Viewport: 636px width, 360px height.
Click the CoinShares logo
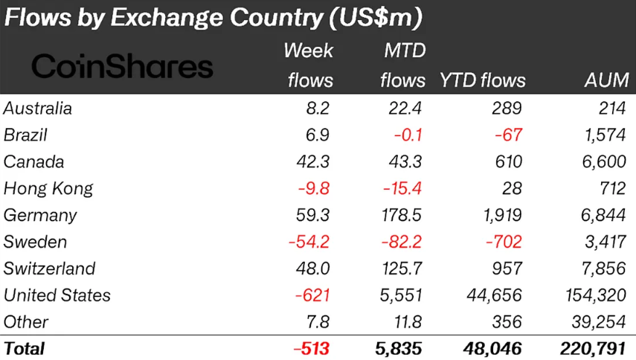pos(122,67)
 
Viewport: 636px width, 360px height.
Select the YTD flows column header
pos(483,80)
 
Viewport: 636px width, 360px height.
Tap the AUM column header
pos(607,80)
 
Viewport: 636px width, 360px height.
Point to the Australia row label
pos(38,109)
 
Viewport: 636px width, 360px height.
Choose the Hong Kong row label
pos(48,188)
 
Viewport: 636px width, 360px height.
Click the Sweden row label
pos(35,242)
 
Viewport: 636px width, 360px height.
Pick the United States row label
pos(57,295)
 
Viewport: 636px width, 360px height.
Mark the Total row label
pos(25,348)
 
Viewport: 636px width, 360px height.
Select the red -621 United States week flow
pos(313,295)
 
